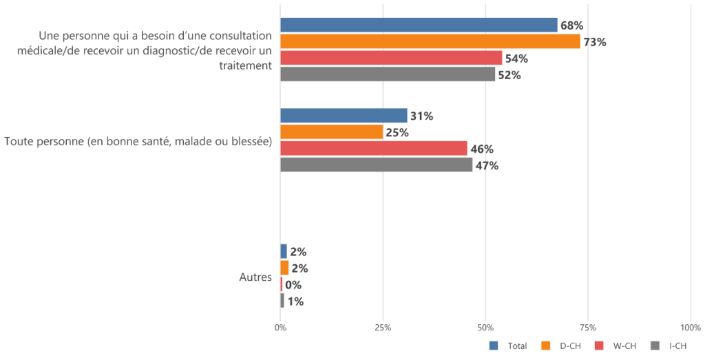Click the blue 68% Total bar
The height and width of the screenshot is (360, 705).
[419, 25]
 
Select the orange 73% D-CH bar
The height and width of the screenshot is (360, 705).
[430, 42]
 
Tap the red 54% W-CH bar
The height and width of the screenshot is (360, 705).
[391, 59]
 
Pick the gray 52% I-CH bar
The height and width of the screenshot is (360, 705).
[387, 74]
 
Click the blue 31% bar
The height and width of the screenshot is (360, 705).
[344, 116]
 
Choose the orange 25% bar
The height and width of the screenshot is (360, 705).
[331, 132]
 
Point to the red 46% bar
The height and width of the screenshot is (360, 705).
[374, 149]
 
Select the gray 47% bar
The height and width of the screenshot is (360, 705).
[376, 165]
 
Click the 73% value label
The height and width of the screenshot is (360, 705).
[594, 42]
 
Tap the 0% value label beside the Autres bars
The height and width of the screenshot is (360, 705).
[293, 285]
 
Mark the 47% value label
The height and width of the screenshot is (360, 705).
[487, 165]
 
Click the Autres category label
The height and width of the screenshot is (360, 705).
[255, 277]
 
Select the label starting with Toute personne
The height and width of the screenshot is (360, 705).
[138, 141]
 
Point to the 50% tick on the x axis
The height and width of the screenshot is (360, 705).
[485, 328]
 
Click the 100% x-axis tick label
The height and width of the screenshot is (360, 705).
[690, 328]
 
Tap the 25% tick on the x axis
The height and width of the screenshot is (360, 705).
[383, 328]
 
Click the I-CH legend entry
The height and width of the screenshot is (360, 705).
[677, 346]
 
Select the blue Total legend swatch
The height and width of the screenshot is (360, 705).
[494, 346]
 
